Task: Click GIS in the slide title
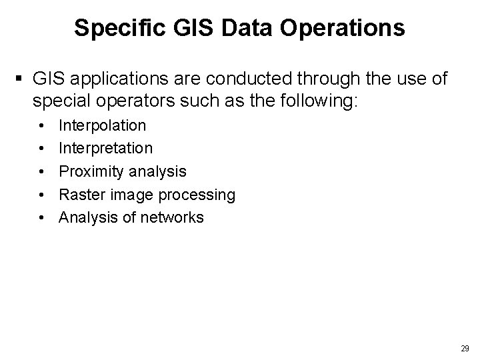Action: pyautogui.click(x=185, y=28)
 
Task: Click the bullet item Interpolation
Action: pyautogui.click(x=103, y=125)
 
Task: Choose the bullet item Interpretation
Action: pyautogui.click(x=106, y=148)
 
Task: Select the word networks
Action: pyautogui.click(x=173, y=217)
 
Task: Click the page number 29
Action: pyautogui.click(x=465, y=348)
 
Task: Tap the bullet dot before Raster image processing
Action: pyautogui.click(x=43, y=195)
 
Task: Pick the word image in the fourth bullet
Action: pyautogui.click(x=130, y=195)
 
